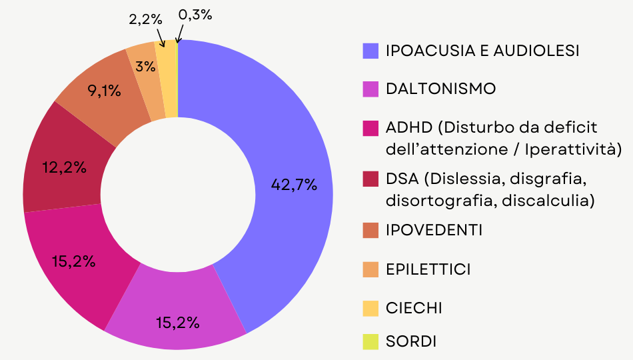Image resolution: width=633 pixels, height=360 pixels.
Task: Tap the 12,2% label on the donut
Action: (65, 168)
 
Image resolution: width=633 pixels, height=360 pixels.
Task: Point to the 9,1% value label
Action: (105, 91)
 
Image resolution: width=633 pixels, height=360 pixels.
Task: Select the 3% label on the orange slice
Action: (145, 66)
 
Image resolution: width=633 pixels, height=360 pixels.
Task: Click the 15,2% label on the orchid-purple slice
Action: (178, 323)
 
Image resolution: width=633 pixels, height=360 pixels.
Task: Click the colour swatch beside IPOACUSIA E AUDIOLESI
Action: (370, 51)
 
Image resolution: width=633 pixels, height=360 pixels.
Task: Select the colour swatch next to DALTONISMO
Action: (370, 89)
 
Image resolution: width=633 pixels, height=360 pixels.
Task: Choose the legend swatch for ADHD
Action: (370, 127)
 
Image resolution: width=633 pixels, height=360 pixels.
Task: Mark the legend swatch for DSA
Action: (370, 179)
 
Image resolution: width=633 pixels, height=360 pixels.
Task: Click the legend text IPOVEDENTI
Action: (434, 230)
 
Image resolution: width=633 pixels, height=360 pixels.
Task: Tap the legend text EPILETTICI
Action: (428, 269)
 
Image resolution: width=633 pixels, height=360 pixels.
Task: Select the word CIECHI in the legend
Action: (414, 308)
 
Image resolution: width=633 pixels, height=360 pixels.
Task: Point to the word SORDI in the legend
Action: (411, 342)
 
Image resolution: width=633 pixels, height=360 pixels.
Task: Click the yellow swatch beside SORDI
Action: (370, 342)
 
